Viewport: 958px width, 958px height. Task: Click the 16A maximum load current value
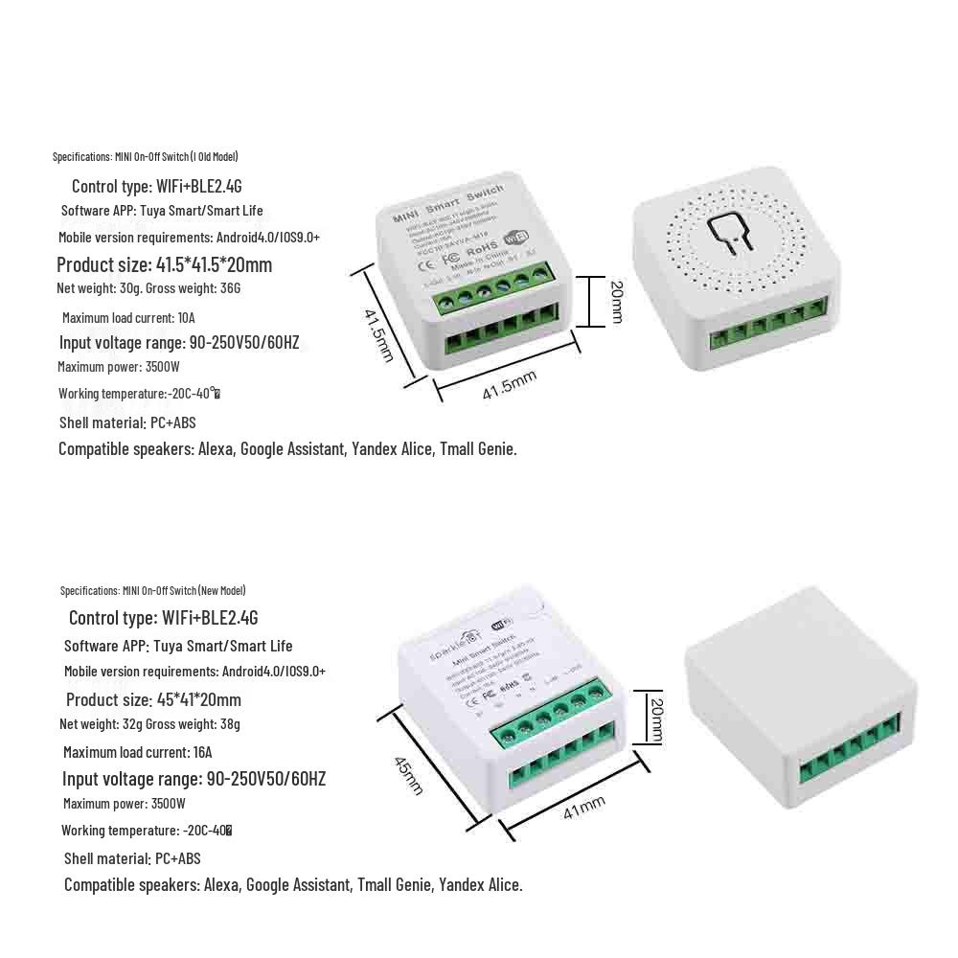[x=201, y=752]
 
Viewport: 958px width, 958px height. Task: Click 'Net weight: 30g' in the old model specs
[x=99, y=287]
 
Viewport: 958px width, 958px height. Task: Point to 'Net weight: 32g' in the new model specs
[x=101, y=723]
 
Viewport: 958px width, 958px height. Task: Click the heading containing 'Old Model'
[x=145, y=156]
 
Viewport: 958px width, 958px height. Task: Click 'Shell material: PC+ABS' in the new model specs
[x=132, y=858]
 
